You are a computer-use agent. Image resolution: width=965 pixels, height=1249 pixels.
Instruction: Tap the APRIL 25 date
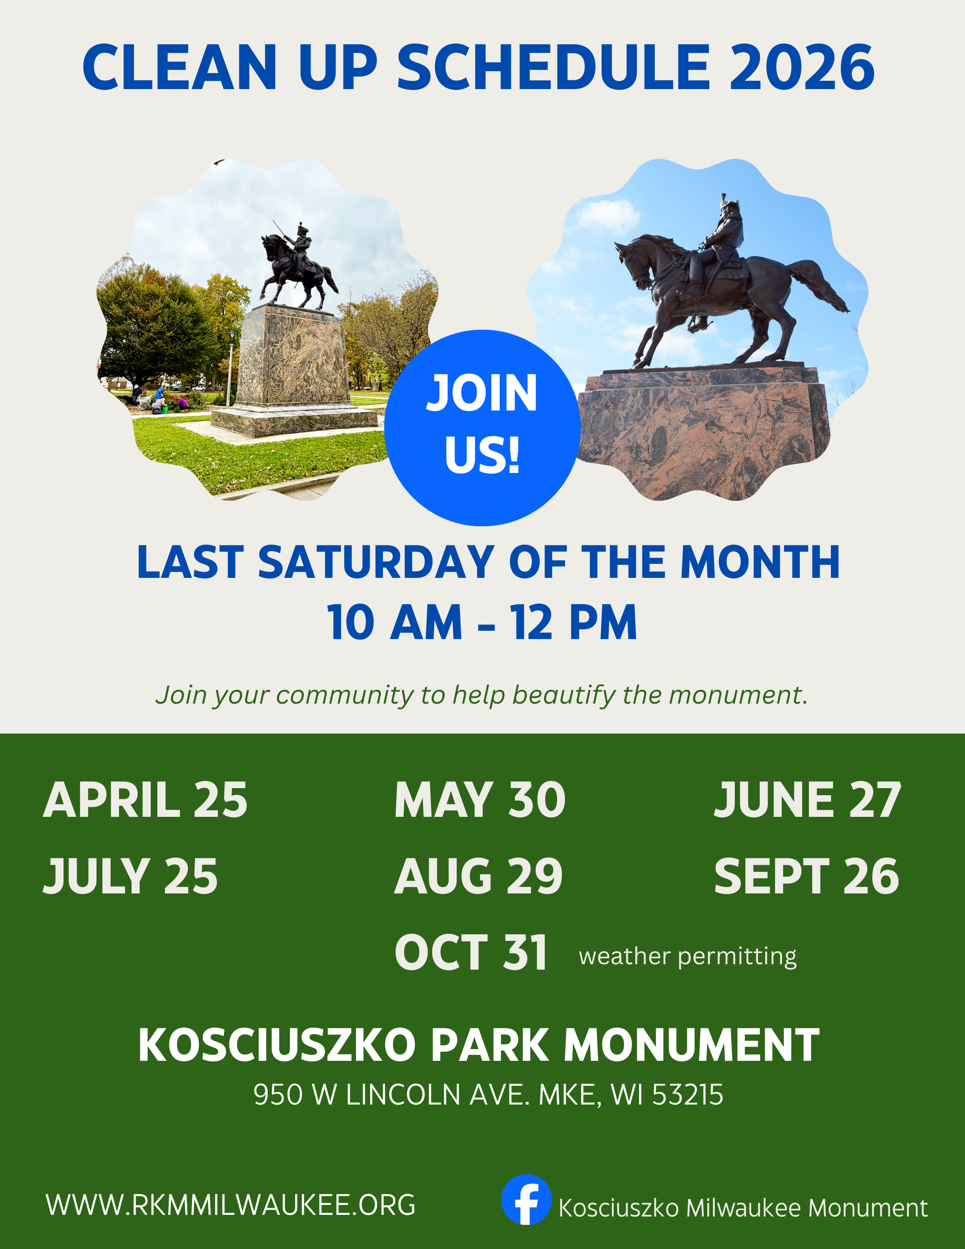click(x=145, y=800)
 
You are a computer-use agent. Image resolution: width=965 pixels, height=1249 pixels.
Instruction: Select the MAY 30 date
click(x=480, y=800)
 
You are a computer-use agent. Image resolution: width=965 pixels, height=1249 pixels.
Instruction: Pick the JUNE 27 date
click(x=807, y=800)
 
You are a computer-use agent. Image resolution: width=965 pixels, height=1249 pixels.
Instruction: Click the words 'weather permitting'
click(x=687, y=957)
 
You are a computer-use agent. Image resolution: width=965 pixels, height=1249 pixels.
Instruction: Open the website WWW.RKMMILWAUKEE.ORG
click(x=230, y=1205)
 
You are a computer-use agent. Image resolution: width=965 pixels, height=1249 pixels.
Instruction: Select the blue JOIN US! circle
click(x=482, y=427)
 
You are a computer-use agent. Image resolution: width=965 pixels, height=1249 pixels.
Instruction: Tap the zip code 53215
click(x=687, y=1095)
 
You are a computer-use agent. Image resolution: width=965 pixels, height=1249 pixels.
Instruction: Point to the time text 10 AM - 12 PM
click(x=482, y=623)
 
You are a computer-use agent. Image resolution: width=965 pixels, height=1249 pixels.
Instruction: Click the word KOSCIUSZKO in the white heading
click(x=277, y=1045)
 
